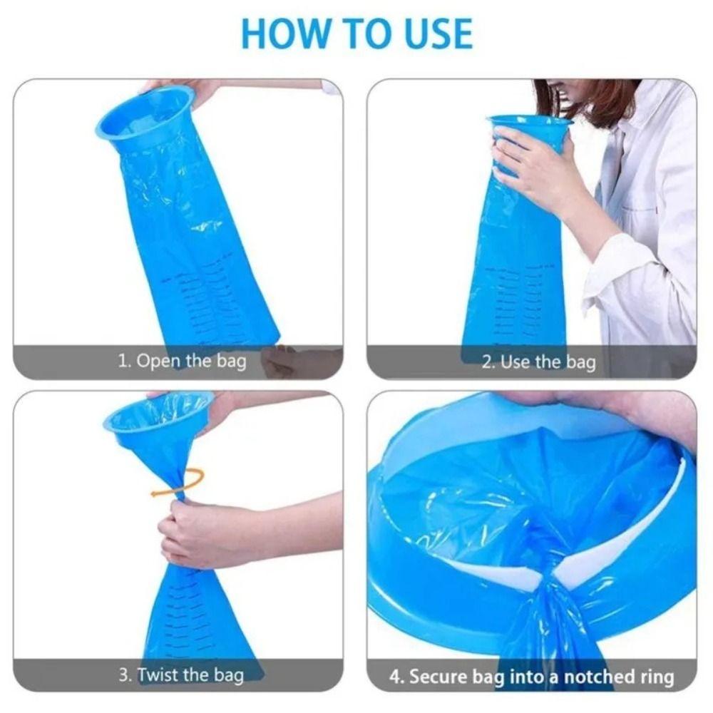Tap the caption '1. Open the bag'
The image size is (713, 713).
[x=182, y=361]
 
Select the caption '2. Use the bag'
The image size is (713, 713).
[x=538, y=362]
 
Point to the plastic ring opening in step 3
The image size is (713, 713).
[x=158, y=421]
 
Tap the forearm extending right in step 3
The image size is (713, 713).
[x=285, y=520]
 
